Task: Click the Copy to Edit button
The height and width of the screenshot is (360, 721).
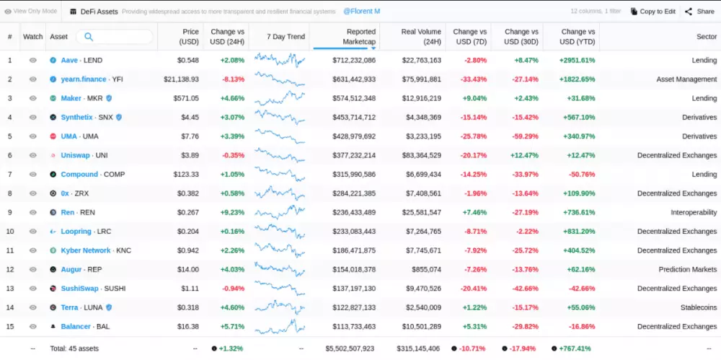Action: [x=653, y=12]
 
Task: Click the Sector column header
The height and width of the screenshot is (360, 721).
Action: [x=706, y=37]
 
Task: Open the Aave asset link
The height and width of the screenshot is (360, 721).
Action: [x=69, y=60]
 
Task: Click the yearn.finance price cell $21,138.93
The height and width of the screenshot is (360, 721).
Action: [x=181, y=79]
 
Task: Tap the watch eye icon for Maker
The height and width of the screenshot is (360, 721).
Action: [x=32, y=98]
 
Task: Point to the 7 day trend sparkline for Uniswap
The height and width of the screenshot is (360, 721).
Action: [x=280, y=155]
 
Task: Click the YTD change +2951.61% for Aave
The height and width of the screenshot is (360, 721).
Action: [x=578, y=60]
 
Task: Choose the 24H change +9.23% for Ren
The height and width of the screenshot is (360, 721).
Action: [x=232, y=212]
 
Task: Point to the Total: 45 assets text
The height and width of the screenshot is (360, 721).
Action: [x=75, y=348]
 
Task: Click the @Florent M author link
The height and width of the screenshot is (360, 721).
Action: [x=361, y=12]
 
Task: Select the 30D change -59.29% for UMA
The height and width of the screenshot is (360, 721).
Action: [x=521, y=136]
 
